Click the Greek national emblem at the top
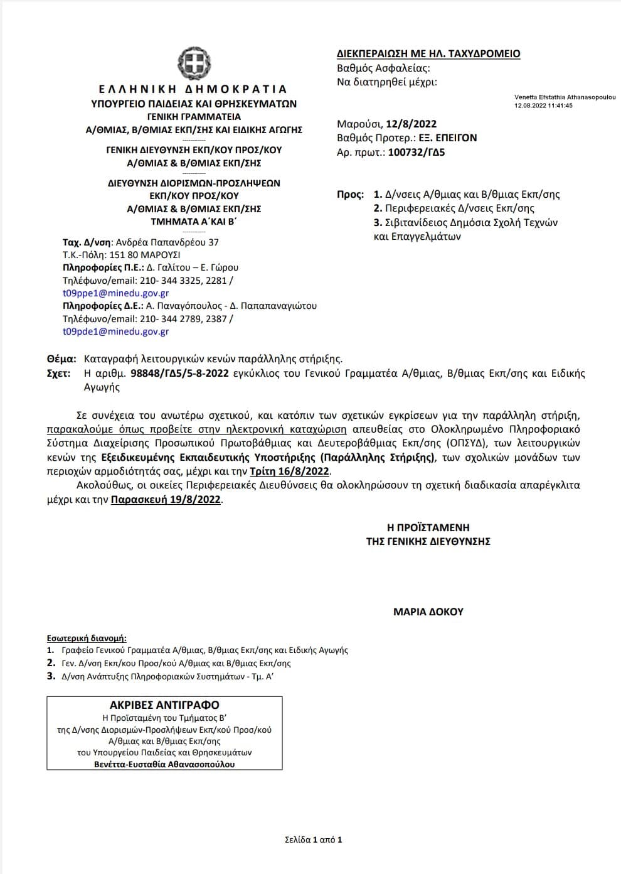194,63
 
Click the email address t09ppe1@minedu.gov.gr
115,293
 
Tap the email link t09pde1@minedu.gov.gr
115,332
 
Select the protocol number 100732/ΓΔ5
417,151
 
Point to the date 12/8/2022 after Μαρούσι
411,124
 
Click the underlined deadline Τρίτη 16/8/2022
289,472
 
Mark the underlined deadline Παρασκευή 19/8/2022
166,500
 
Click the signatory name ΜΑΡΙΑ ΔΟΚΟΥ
428,612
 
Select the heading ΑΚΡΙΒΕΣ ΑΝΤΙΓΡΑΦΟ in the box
164,705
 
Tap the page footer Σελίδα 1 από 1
313,839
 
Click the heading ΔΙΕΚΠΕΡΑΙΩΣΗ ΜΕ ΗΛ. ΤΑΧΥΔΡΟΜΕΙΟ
428,54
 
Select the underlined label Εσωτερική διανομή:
87,639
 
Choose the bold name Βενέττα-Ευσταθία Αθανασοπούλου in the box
164,764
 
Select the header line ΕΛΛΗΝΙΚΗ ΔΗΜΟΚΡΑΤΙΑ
193,89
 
